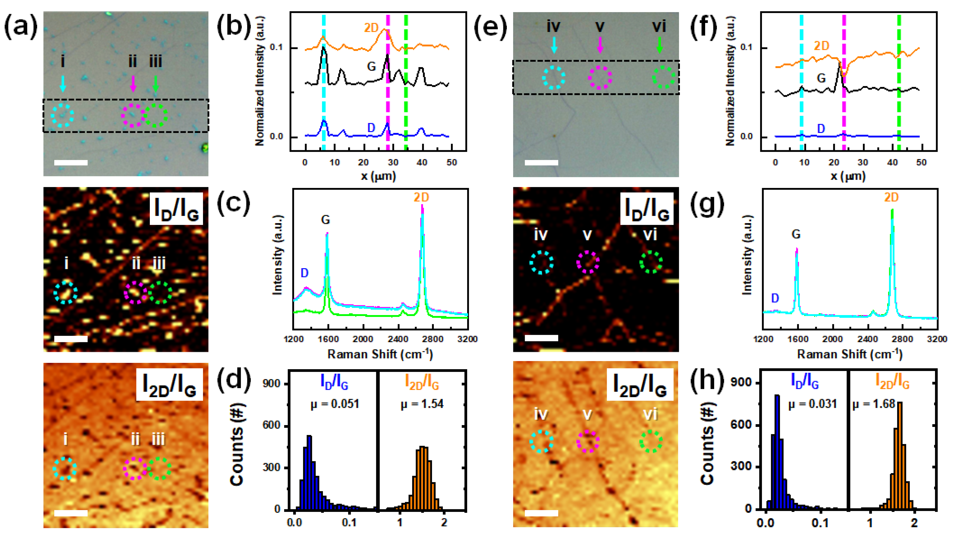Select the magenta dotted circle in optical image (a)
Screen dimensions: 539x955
coord(133,115)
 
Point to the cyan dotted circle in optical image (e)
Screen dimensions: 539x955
coord(554,78)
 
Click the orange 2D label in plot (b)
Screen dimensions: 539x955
coord(371,28)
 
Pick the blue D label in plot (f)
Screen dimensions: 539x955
coord(821,129)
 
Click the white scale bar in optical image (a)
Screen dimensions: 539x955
coord(71,162)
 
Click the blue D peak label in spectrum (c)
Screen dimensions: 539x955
coord(304,273)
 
